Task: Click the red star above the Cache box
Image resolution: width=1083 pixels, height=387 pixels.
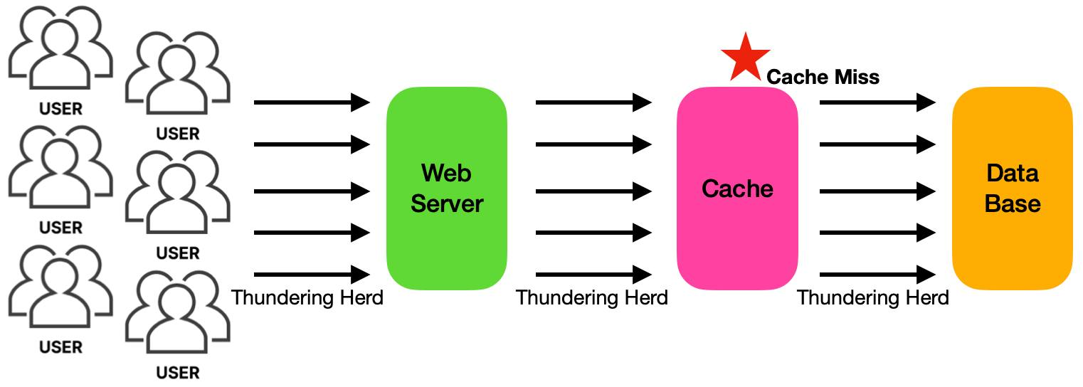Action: click(745, 57)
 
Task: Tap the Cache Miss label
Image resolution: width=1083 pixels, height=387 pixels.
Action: click(823, 77)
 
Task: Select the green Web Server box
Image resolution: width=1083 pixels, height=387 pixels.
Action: click(447, 188)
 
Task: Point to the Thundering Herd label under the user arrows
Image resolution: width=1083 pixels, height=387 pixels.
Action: click(307, 297)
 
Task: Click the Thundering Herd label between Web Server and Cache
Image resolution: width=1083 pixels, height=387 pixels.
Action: click(592, 297)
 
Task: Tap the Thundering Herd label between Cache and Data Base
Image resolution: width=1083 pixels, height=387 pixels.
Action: click(873, 297)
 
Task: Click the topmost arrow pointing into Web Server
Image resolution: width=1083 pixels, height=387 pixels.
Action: click(312, 102)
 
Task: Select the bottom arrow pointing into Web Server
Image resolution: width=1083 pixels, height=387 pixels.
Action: click(312, 275)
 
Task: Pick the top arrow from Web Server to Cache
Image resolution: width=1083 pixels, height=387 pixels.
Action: click(593, 102)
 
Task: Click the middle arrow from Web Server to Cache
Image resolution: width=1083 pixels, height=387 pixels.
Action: click(593, 191)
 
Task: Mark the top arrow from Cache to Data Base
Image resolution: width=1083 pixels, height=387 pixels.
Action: click(877, 102)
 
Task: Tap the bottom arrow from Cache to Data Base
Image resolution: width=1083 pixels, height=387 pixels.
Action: click(877, 275)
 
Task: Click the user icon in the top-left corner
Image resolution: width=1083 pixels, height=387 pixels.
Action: click(61, 50)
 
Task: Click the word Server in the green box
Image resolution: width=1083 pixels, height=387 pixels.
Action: click(447, 203)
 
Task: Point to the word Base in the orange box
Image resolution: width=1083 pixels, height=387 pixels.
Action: click(1012, 203)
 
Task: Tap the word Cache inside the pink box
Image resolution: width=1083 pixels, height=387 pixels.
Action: click(737, 189)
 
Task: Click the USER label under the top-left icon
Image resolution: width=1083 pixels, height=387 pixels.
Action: click(61, 109)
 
